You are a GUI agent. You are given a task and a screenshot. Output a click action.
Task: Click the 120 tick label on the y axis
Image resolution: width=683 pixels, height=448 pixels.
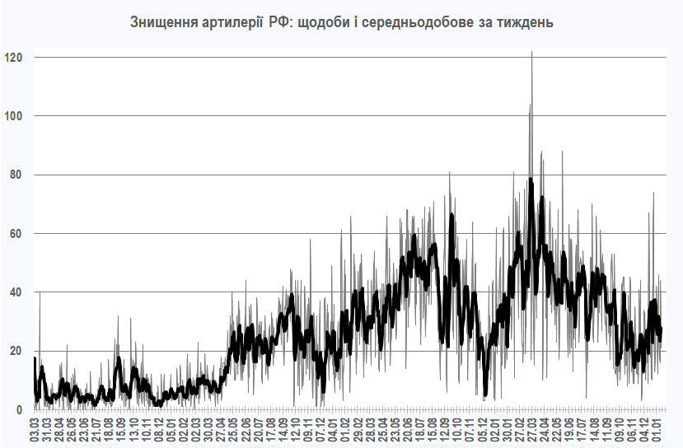[x=14, y=58]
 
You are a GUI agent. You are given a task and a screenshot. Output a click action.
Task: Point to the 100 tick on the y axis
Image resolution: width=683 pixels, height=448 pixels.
[x=14, y=116]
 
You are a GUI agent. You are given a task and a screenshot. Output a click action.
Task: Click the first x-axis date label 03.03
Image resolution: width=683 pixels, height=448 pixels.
[x=35, y=430]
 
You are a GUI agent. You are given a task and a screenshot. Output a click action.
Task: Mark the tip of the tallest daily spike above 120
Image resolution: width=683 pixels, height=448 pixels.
[x=532, y=52]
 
